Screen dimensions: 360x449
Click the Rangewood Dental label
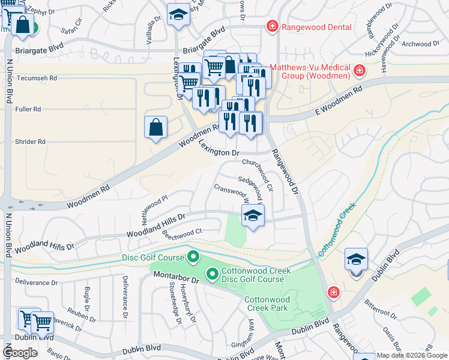pos(310,26)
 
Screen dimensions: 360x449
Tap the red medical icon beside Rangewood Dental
pos(273,26)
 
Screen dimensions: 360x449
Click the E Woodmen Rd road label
pos(339,100)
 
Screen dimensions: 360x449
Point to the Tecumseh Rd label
pos(37,78)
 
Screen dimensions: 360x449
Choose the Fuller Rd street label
pos(29,109)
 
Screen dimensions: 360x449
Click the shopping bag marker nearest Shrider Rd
pos(155,127)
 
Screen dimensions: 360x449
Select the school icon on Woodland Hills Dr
pos(253,216)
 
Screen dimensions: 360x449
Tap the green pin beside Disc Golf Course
pos(193,258)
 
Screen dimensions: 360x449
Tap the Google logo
pos(21,353)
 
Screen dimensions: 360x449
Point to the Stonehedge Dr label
pos(178,304)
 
